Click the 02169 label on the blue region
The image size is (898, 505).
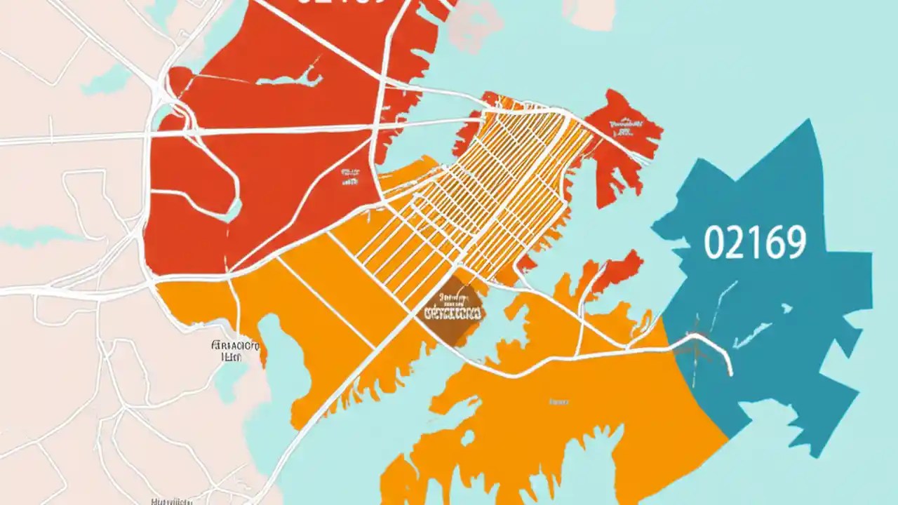pyautogui.click(x=754, y=243)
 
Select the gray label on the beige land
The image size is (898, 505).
pyautogui.click(x=235, y=350)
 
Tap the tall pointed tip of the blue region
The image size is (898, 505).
pyautogui.click(x=810, y=126)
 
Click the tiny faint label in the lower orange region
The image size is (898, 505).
pyautogui.click(x=558, y=403)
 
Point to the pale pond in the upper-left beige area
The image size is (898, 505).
pyautogui.click(x=105, y=81)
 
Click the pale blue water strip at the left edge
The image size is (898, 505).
pyautogui.click(x=28, y=235)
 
